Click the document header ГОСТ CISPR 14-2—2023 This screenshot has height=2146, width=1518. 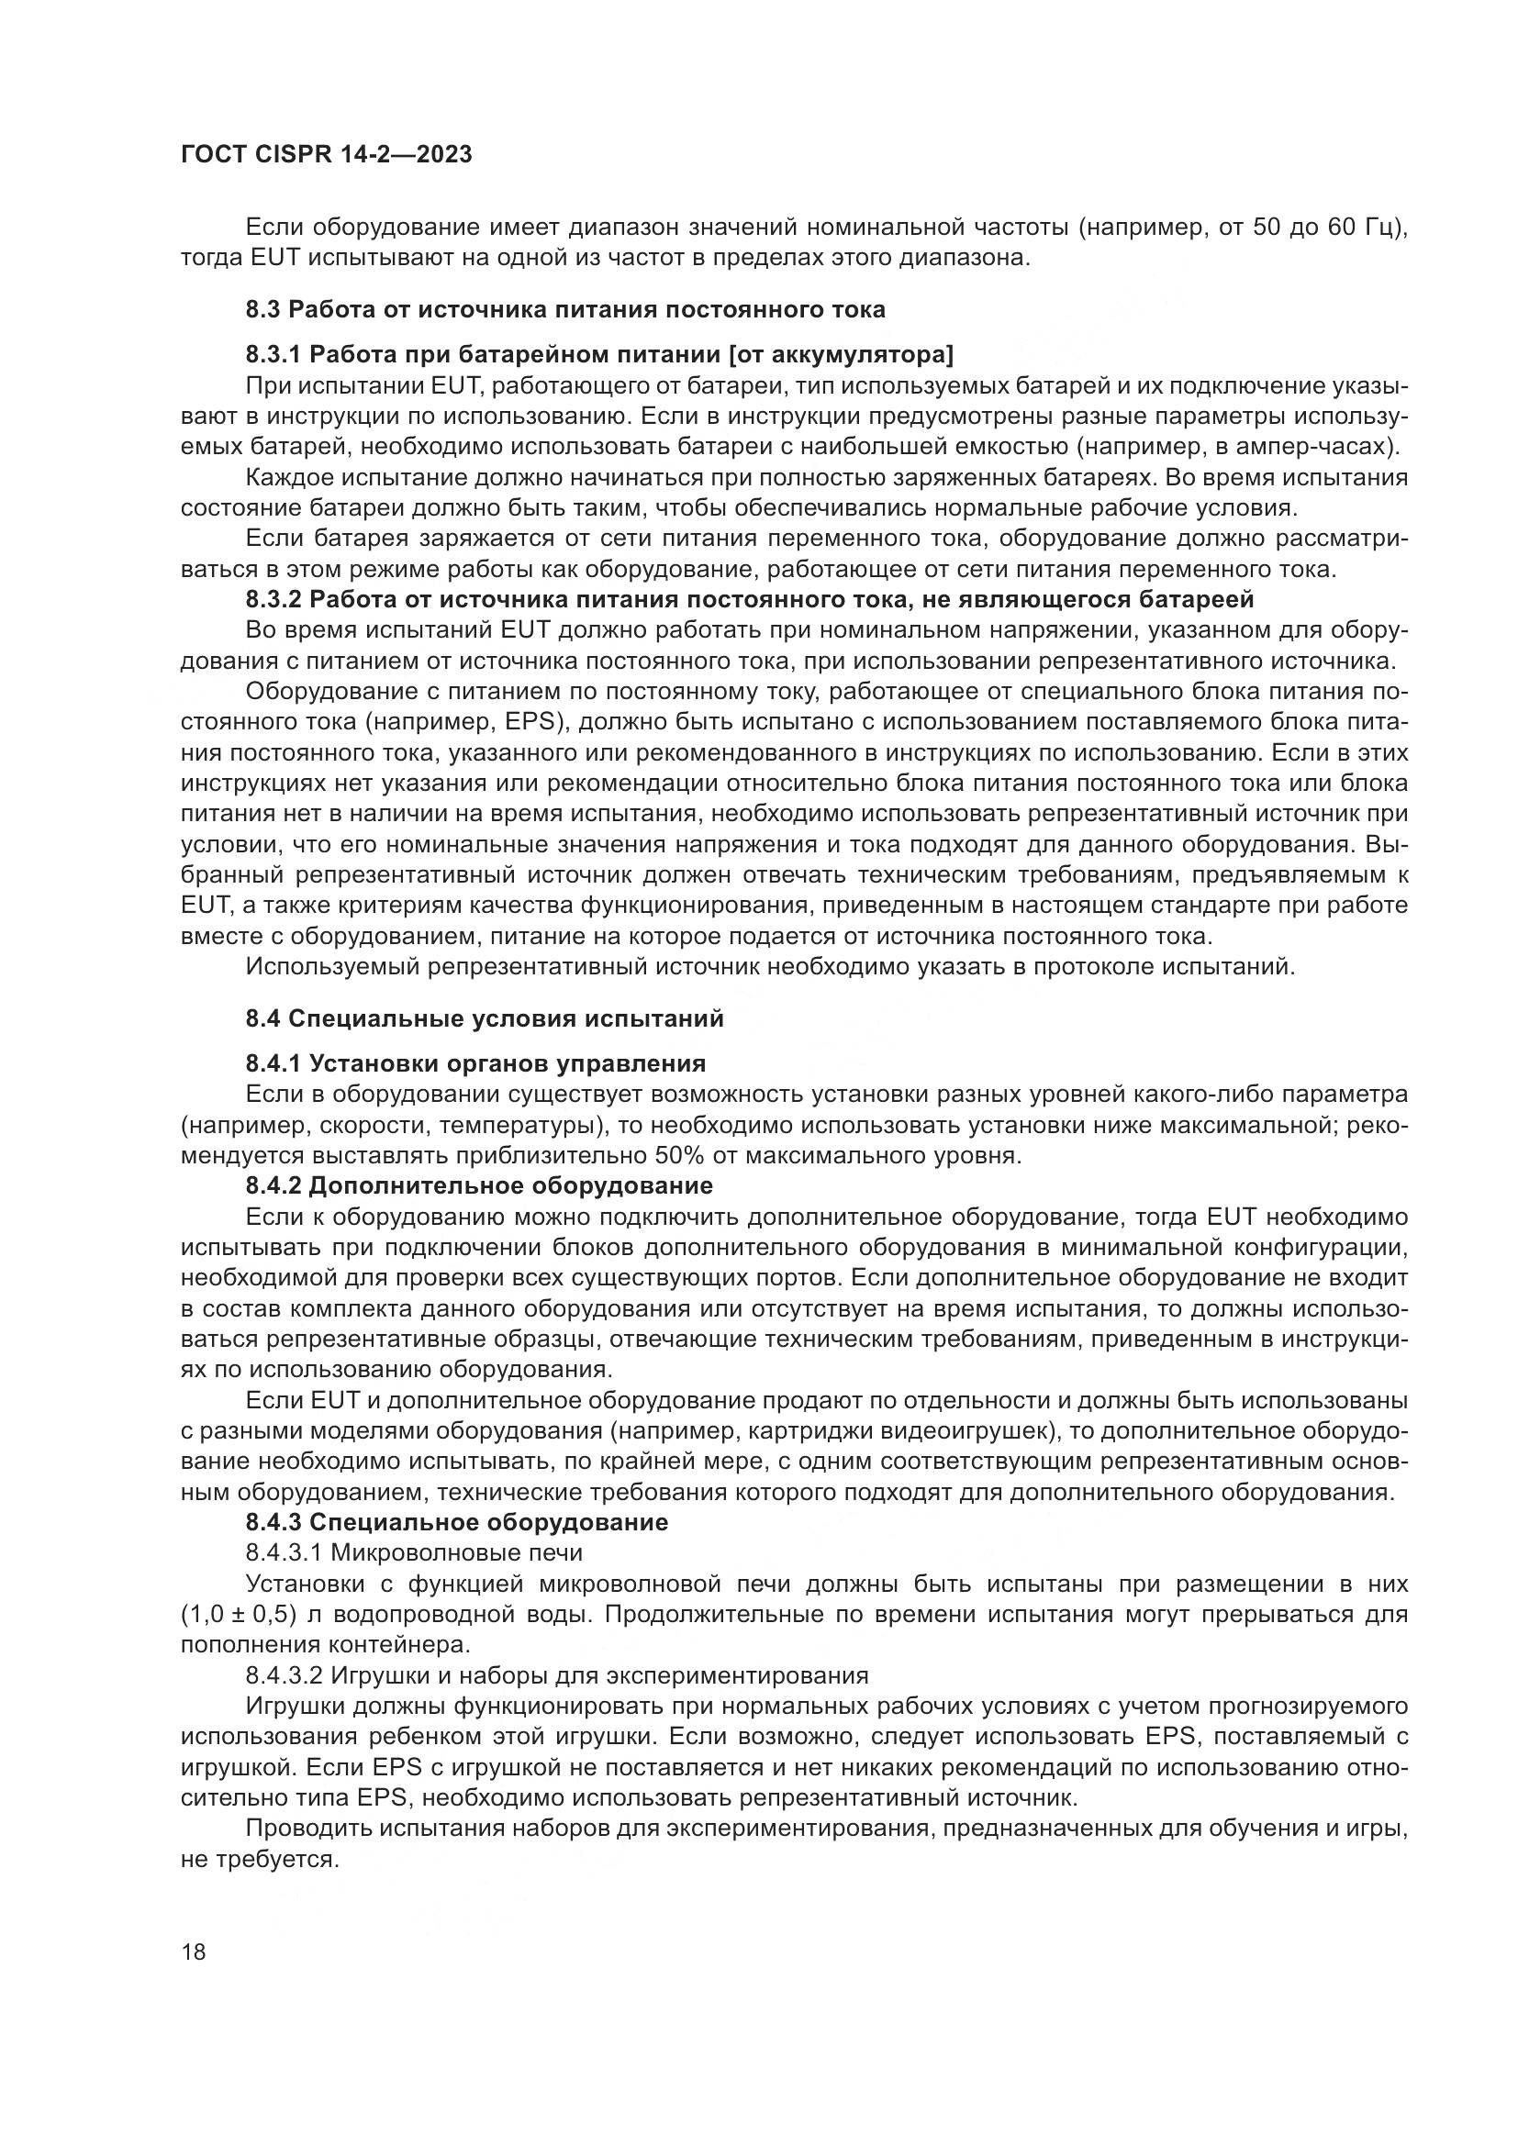click(x=326, y=154)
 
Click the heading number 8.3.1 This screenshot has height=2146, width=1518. click(x=273, y=354)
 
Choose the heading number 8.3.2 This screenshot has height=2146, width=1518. click(x=273, y=599)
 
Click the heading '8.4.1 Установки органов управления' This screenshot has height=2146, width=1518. click(x=475, y=1063)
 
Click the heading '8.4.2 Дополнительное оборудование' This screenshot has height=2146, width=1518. click(x=479, y=1186)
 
